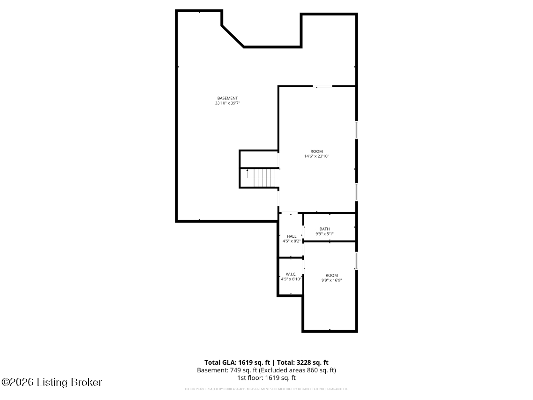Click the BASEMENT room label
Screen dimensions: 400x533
(x=227, y=98)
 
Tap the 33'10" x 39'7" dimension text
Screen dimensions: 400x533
(x=227, y=103)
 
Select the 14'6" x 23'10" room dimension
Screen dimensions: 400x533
(x=317, y=156)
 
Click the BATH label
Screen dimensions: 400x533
(x=324, y=229)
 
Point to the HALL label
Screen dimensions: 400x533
(x=292, y=236)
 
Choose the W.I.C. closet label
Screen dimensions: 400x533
(x=291, y=274)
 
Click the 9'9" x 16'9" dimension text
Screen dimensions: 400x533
(x=331, y=280)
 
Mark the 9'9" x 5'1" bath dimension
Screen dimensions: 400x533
(x=324, y=234)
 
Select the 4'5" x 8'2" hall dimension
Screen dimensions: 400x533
(x=292, y=241)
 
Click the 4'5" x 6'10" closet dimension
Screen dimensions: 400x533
(x=291, y=279)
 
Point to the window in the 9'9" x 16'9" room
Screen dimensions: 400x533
(x=356, y=261)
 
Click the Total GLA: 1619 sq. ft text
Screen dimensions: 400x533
(x=237, y=362)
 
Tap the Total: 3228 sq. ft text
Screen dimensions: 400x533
(x=303, y=362)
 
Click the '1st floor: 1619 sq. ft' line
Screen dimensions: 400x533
(x=266, y=377)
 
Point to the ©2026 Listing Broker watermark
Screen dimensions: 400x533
(x=52, y=382)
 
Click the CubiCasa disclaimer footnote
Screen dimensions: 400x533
(x=266, y=389)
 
